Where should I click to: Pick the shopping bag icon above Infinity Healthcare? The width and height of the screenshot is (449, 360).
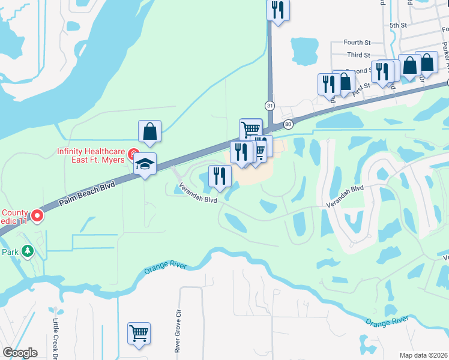point(149,131)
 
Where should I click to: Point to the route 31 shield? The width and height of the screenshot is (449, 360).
point(271,106)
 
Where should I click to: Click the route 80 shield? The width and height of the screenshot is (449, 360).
point(289,124)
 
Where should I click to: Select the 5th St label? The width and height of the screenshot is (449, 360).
point(398,25)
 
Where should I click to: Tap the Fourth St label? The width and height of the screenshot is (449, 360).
point(358,43)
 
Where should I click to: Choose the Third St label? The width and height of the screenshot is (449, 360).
point(358,55)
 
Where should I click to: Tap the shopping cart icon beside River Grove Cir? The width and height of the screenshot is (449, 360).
point(139,334)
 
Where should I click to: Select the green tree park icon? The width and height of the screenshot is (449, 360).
point(27,251)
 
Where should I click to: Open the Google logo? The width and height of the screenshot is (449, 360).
point(20,353)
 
